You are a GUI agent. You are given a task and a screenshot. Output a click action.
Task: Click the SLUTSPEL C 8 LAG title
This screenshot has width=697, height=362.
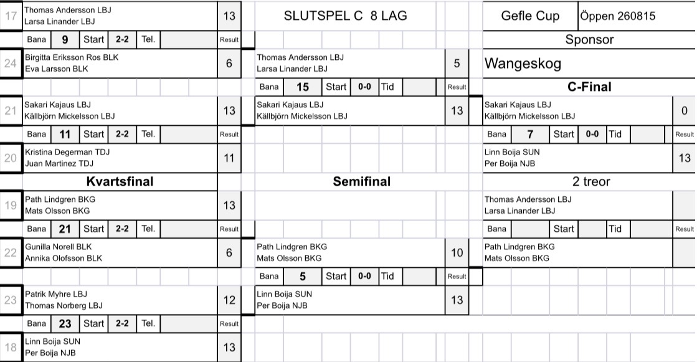(x=346, y=16)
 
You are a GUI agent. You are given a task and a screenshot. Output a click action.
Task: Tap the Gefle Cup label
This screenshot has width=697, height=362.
(x=530, y=16)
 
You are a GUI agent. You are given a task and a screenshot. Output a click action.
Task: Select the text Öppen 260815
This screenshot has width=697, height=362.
(x=617, y=16)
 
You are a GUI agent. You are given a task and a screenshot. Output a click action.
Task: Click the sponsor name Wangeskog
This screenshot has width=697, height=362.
(x=523, y=64)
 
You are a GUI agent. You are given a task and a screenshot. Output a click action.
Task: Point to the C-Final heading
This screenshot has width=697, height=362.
(x=589, y=87)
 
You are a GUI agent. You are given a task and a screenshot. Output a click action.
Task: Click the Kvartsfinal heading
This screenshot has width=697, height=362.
(x=120, y=181)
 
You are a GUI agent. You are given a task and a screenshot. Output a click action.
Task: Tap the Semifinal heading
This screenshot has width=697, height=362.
(x=362, y=181)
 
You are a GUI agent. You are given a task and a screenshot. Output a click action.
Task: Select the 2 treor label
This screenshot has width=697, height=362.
(x=591, y=181)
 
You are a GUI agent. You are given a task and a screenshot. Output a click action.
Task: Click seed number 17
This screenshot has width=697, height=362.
(x=11, y=16)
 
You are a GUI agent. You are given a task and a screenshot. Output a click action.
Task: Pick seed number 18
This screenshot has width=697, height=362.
(x=11, y=347)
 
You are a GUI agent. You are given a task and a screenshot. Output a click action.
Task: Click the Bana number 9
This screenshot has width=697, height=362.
(x=65, y=40)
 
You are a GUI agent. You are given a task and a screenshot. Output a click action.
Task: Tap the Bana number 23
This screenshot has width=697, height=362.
(x=65, y=324)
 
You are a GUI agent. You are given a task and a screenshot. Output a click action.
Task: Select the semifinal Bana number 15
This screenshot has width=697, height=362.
(x=303, y=87)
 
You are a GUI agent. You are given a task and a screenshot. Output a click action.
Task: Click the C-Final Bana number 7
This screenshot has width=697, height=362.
(x=530, y=135)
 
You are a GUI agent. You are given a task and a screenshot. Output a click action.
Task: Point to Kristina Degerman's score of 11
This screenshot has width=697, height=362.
(x=229, y=158)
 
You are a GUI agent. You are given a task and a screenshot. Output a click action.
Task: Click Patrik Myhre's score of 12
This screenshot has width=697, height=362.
(x=229, y=300)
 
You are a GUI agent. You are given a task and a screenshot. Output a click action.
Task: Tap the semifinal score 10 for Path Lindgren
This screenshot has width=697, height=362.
(x=457, y=252)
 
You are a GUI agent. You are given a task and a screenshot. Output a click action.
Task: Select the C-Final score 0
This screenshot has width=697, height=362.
(x=685, y=111)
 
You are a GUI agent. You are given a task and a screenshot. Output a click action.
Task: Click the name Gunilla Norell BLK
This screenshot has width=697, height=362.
(x=58, y=247)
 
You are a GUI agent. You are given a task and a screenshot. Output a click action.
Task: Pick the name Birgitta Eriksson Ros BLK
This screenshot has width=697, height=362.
(x=72, y=57)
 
